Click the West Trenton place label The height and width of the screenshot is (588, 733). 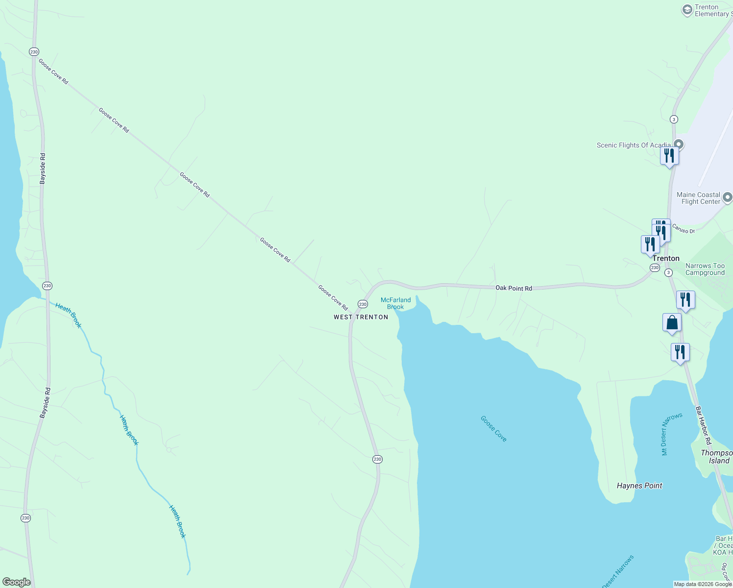361,317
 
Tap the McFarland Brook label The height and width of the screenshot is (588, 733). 395,303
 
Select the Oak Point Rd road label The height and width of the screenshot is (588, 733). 513,288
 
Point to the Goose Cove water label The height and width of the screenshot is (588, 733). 493,429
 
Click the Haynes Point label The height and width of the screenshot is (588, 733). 639,486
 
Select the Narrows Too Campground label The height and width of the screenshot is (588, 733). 705,269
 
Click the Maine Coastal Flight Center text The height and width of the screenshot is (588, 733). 698,198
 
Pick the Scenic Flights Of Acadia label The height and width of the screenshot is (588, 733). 633,145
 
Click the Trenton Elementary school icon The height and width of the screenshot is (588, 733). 687,10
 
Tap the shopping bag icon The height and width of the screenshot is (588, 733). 672,323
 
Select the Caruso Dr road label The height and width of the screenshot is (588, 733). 683,229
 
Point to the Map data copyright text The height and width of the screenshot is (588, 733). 703,584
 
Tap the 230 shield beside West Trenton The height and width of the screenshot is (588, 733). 363,304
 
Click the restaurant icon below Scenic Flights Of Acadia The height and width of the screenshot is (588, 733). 669,156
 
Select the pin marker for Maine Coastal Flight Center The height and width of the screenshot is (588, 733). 727,197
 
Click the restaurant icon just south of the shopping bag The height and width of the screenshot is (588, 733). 680,352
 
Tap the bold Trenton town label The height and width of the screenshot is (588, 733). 665,258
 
